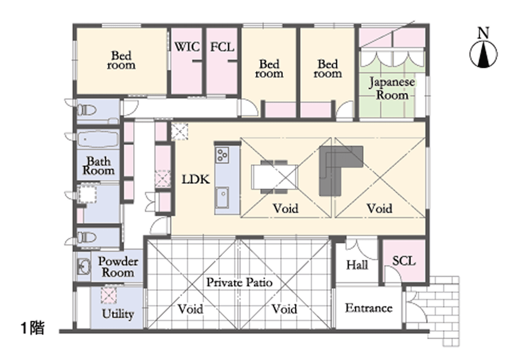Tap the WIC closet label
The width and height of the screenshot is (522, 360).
[x=187, y=47]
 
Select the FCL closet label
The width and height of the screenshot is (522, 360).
[x=222, y=47]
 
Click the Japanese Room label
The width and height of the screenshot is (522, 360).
[x=392, y=89]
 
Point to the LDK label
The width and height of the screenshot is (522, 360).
[x=196, y=179]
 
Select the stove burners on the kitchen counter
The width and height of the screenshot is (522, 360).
[x=222, y=155]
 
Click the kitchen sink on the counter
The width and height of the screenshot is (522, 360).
[x=222, y=198]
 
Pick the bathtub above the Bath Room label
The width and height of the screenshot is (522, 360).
[x=98, y=139]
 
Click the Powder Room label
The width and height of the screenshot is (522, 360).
[x=117, y=267]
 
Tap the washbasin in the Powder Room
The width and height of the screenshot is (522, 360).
[x=84, y=267]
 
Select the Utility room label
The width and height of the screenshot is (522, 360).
[x=118, y=314]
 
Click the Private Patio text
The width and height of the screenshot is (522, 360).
[x=240, y=282]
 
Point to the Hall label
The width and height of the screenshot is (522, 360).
[x=357, y=265]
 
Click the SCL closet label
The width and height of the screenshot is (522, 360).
[x=404, y=261]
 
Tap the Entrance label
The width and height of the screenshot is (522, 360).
[x=369, y=308]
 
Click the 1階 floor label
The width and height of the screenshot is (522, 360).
[x=32, y=328]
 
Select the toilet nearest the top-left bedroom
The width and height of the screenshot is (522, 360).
[x=87, y=110]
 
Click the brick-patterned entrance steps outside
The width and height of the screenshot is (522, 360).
[x=436, y=309]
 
